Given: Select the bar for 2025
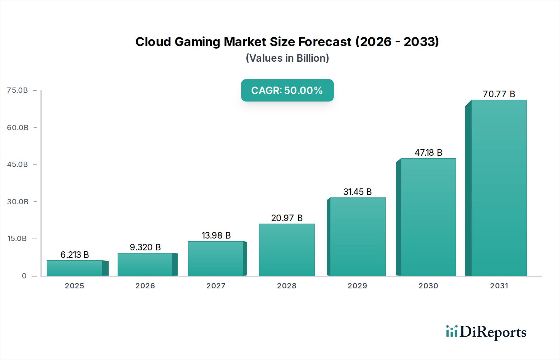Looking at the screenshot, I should click(x=75, y=268).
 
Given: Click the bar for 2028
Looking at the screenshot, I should click(x=287, y=250).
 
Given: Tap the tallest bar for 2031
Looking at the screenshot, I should click(x=499, y=188).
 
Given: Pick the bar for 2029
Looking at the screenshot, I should click(x=357, y=237).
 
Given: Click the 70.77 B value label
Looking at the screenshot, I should click(x=499, y=94).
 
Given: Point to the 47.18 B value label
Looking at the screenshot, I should click(x=428, y=153).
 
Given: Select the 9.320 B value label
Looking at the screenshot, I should click(x=145, y=247).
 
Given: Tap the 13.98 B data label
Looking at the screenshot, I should click(x=216, y=235).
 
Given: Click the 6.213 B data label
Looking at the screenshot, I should click(x=75, y=255).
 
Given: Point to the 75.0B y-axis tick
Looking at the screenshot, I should click(x=17, y=90).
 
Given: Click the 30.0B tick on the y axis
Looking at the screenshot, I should click(x=18, y=202).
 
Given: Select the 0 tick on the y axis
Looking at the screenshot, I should click(x=24, y=276).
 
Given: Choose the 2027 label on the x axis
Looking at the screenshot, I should click(x=216, y=286).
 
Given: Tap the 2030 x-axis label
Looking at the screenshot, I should click(x=428, y=286).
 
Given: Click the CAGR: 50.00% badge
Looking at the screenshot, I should click(x=287, y=90).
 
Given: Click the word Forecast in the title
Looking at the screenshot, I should click(x=324, y=42).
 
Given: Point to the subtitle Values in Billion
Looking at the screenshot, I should click(x=287, y=58).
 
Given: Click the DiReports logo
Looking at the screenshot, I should click(x=486, y=332).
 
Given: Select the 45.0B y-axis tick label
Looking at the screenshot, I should click(x=17, y=164).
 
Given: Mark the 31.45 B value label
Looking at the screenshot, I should click(x=357, y=192).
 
